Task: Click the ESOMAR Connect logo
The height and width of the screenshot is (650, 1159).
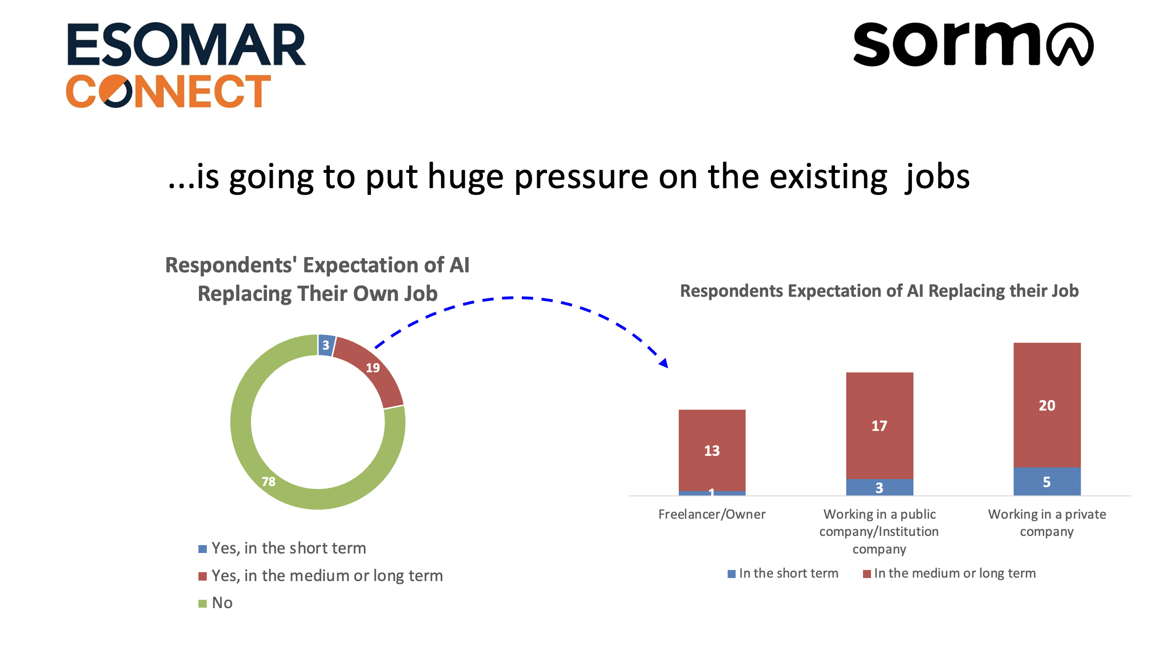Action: (x=186, y=65)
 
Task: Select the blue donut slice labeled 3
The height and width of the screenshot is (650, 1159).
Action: (x=326, y=345)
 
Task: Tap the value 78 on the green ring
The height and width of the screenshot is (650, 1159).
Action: (x=268, y=481)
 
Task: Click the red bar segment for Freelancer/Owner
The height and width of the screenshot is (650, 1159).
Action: (x=712, y=450)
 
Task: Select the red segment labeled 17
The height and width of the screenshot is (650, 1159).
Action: (x=879, y=425)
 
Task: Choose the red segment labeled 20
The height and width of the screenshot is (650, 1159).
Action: (x=1047, y=405)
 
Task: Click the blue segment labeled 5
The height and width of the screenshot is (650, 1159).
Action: (x=1047, y=482)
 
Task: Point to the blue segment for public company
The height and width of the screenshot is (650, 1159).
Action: (x=879, y=487)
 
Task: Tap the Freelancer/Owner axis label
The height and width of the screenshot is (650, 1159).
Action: (x=712, y=515)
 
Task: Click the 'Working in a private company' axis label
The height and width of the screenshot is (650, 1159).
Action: (x=1047, y=523)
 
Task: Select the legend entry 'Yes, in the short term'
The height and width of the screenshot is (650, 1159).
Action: (x=289, y=549)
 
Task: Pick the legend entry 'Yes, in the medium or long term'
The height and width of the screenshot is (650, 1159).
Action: (x=327, y=576)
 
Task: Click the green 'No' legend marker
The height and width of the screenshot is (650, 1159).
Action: (x=202, y=604)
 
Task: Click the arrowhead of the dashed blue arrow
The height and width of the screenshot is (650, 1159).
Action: (x=664, y=363)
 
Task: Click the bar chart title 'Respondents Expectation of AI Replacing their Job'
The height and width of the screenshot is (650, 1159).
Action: (x=879, y=291)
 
